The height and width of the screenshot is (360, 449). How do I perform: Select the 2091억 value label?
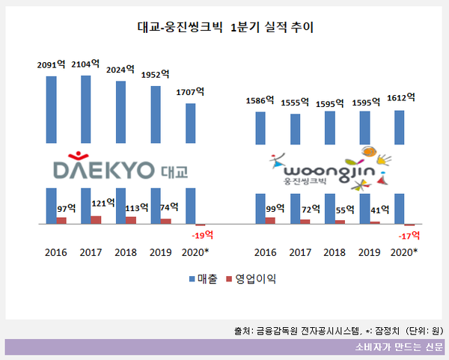click(52, 65)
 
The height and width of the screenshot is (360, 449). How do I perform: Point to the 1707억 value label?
click(189, 93)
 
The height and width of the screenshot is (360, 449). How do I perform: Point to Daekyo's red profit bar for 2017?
click(96, 219)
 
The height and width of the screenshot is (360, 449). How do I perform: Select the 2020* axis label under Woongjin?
click(404, 252)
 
